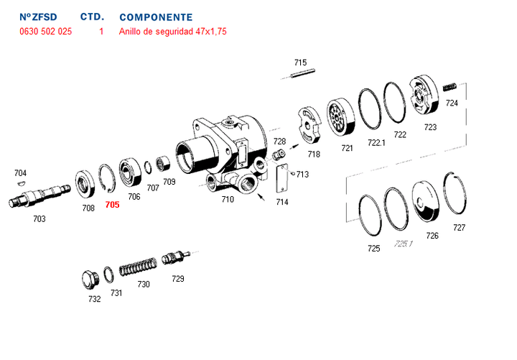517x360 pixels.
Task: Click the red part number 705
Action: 112,205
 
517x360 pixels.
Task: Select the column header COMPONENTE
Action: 156,17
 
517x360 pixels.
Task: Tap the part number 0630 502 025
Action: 46,32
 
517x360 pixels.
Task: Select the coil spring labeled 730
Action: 136,268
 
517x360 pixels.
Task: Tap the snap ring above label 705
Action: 108,180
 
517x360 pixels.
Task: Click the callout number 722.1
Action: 377,142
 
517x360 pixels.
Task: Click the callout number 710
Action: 228,199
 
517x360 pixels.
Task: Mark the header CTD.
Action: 92,17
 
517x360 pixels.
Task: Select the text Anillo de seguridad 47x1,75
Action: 172,32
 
